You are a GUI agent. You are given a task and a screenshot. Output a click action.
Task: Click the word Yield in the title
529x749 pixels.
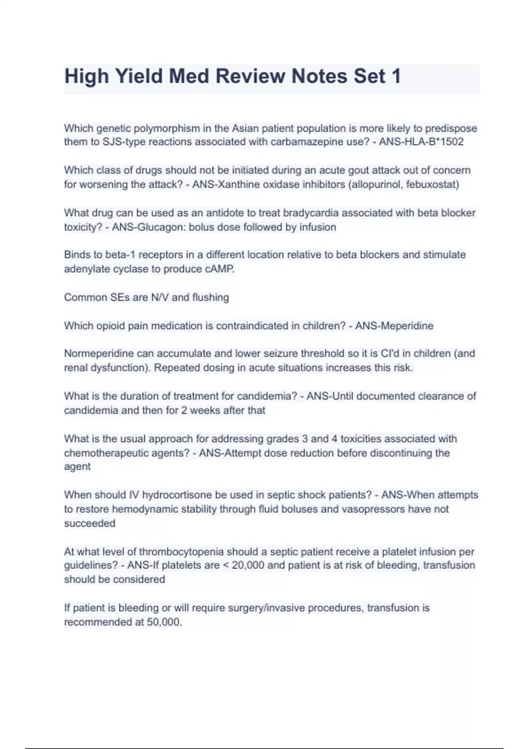138,76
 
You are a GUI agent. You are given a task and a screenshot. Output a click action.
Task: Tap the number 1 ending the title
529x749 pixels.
396,76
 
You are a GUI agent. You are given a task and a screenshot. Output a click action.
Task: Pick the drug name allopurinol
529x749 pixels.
375,184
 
